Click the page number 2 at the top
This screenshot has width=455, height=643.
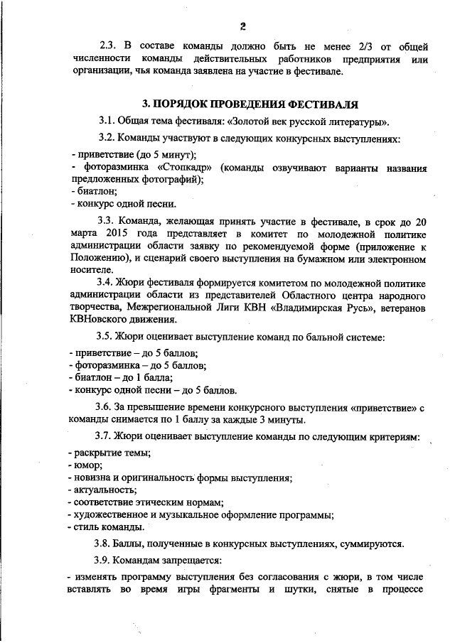pyautogui.click(x=242, y=26)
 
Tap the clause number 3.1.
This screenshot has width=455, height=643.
pyautogui.click(x=106, y=121)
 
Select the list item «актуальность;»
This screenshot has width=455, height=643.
pyautogui.click(x=100, y=490)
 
